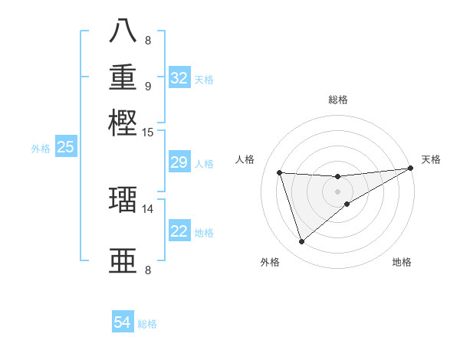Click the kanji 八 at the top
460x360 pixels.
123,31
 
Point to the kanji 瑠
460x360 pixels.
123,199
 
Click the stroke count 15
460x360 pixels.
148,133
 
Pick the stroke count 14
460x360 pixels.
148,208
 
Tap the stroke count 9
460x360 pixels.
148,86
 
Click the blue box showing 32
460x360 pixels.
179,78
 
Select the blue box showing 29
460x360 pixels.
179,162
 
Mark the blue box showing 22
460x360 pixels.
179,231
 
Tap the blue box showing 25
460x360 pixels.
65,148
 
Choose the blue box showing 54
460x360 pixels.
123,323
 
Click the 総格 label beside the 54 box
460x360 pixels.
148,324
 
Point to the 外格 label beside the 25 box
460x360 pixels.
40,149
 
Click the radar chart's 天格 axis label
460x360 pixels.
431,159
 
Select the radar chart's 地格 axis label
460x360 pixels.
402,262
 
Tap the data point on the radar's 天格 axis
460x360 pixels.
410,169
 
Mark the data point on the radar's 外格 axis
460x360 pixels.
301,242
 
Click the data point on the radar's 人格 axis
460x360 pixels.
280,173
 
